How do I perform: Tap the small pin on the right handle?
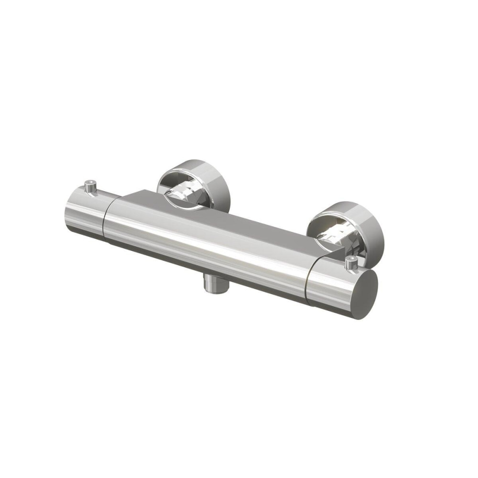coord(352,261)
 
